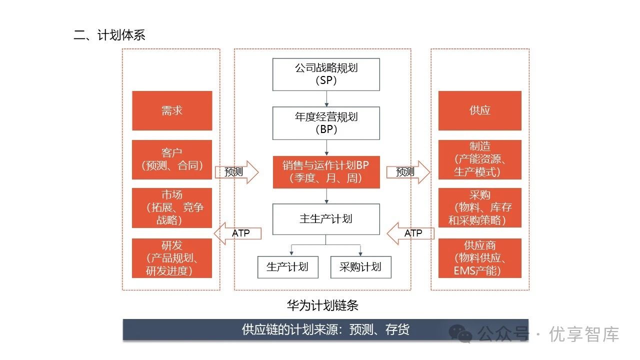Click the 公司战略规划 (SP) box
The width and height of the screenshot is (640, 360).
[325, 74]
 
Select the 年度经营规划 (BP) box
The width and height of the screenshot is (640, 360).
[325, 123]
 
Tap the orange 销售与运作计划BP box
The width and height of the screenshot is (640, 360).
[325, 172]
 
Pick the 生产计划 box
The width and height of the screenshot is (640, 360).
[287, 267]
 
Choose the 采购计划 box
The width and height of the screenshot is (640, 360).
[360, 267]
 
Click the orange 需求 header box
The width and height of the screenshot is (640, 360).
[172, 110]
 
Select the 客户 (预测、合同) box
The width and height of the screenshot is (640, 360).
[172, 159]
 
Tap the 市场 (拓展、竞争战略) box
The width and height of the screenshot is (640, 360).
[172, 208]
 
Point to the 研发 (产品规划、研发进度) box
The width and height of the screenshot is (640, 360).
[172, 258]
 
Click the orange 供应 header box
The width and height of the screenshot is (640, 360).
[479, 110]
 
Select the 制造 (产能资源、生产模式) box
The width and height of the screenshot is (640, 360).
[479, 159]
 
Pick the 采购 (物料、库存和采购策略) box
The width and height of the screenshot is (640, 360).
[479, 208]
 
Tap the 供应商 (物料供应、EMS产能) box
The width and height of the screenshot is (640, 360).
[479, 258]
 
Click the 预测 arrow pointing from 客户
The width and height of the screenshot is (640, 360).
[236, 172]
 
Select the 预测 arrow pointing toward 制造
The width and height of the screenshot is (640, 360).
[407, 172]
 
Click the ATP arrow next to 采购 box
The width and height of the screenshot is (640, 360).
[410, 233]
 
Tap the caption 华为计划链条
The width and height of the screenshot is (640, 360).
[322, 305]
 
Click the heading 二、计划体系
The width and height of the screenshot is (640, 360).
[109, 35]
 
